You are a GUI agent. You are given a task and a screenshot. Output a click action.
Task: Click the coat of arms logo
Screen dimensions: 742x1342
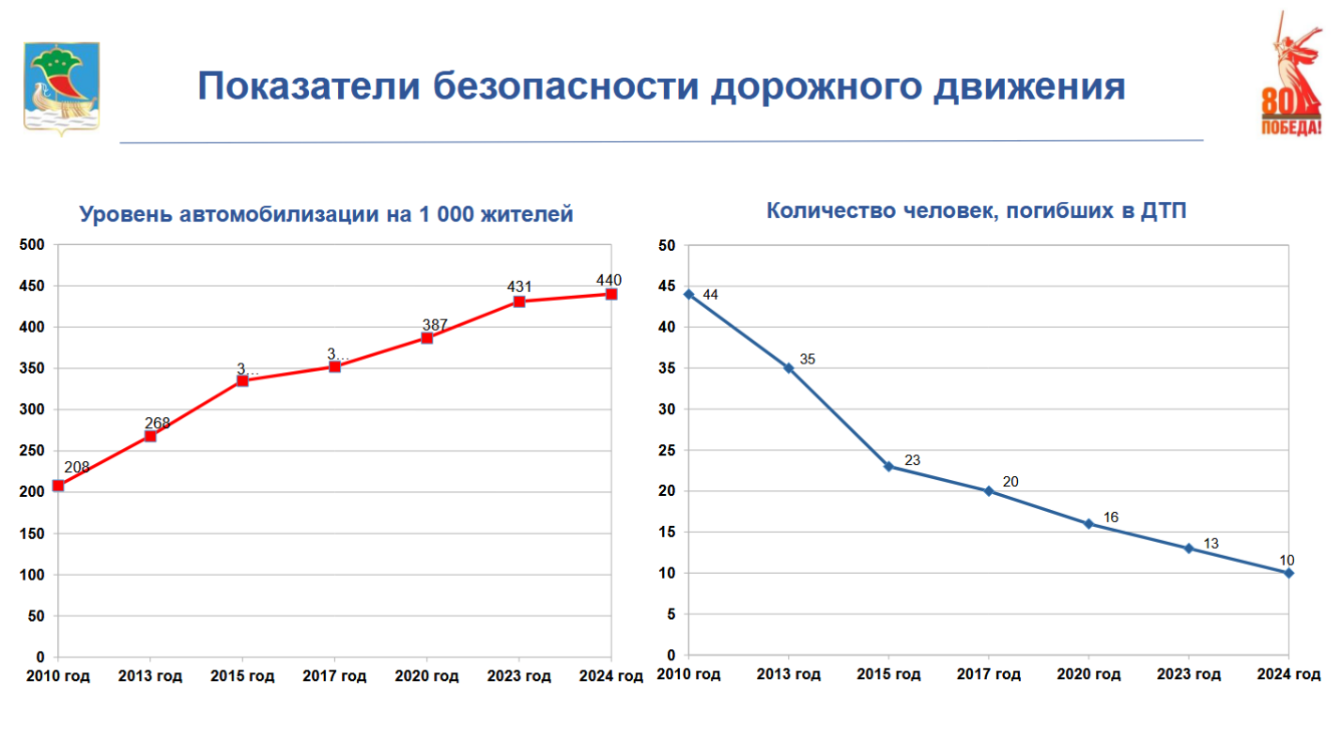[61, 88]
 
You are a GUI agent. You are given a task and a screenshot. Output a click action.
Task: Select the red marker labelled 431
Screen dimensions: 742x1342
[519, 301]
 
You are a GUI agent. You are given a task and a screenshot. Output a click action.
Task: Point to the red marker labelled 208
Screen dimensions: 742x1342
[58, 486]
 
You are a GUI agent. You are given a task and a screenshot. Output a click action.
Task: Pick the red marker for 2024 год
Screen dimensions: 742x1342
[611, 294]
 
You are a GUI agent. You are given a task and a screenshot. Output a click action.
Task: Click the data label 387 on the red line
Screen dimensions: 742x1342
[435, 325]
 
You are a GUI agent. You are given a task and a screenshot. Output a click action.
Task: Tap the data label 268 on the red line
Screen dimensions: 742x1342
[158, 423]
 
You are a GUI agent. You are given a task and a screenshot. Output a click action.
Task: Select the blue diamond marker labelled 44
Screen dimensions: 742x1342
[688, 294]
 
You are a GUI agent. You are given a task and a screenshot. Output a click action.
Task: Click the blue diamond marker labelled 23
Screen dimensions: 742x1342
[888, 466]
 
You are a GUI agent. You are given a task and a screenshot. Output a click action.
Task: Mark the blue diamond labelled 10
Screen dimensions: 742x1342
[1288, 573]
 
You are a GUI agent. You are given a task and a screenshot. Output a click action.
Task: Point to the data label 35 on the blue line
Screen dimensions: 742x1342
[808, 359]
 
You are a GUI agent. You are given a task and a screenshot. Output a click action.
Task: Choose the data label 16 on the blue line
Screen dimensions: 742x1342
[1111, 518]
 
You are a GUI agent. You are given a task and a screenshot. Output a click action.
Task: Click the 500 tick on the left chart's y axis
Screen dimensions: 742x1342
[33, 245]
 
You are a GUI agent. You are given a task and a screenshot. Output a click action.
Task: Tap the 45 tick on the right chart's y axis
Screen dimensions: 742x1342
[668, 286]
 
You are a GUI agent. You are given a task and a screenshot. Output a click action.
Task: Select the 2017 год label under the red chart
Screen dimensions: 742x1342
[334, 676]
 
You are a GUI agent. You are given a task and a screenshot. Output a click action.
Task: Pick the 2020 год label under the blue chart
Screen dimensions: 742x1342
[1088, 674]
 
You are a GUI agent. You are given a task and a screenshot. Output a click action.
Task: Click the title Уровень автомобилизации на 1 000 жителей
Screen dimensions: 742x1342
[326, 215]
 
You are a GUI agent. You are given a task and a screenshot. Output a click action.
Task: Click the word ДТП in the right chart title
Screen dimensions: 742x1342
[1164, 210]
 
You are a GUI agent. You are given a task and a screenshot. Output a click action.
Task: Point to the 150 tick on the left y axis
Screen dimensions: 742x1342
[33, 533]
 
